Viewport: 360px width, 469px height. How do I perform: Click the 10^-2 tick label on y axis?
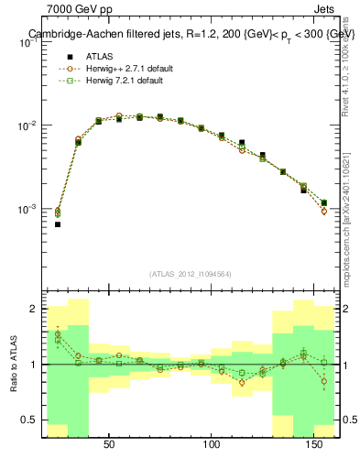coord(27,125)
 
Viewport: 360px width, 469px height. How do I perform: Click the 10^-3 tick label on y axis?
coord(27,210)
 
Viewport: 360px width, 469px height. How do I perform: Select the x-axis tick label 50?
coord(109,445)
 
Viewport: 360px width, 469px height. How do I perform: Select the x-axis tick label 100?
coord(213,445)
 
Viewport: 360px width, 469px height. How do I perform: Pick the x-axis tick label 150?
coord(316,445)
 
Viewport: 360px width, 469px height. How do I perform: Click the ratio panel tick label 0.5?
coord(29,420)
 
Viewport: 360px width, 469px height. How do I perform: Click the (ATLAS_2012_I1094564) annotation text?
coord(190,274)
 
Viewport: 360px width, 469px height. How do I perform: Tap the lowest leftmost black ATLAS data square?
coord(57,224)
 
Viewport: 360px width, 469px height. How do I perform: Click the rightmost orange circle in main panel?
coord(324,212)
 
